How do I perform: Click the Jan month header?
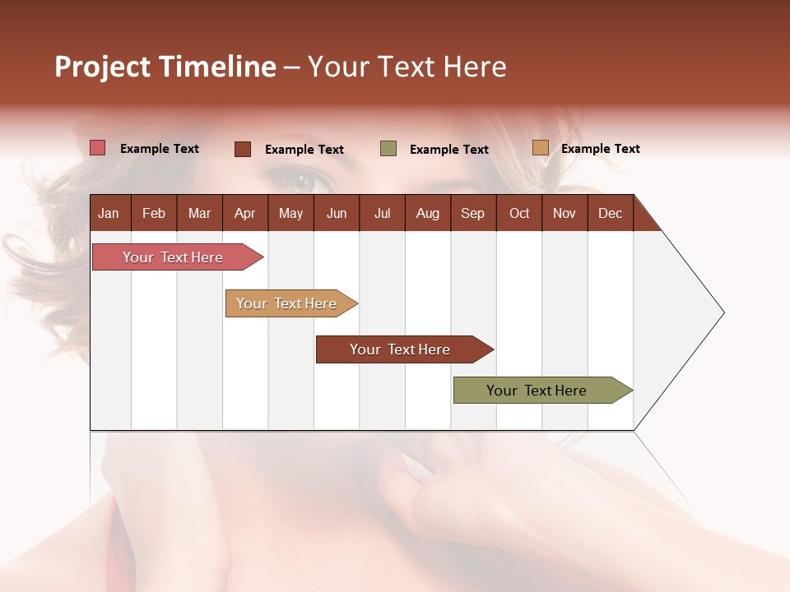109,213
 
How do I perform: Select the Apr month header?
244,213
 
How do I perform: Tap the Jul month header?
382,213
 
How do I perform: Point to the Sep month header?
472,213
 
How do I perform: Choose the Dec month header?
610,213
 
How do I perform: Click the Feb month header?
154,213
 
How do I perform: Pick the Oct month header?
519,213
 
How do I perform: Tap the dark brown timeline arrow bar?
401,349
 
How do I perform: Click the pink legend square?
97,148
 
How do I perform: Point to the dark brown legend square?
242,149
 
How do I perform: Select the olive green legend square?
388,149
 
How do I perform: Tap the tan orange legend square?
540,148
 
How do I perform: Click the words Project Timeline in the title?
165,67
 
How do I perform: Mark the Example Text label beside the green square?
448,149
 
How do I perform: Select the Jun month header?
336,213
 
